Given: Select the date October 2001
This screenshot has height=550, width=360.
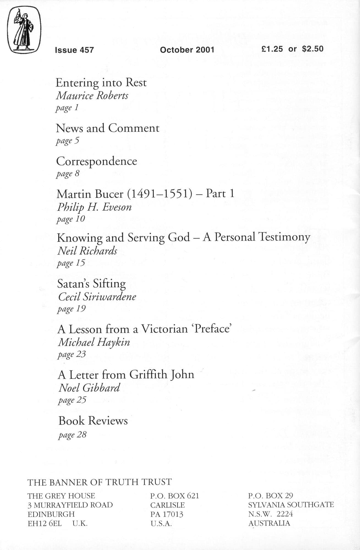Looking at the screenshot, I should [x=187, y=50].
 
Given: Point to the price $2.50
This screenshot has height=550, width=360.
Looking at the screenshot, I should [x=313, y=49].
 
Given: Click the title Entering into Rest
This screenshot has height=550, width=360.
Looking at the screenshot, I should [x=101, y=82].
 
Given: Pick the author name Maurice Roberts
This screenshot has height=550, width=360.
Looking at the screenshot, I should [x=92, y=96].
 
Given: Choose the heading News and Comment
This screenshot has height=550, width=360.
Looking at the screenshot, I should [x=108, y=128].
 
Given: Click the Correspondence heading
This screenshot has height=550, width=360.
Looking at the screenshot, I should [x=97, y=161].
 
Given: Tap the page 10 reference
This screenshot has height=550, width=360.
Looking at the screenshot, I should [x=71, y=219].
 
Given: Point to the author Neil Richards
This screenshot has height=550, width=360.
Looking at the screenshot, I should [x=87, y=251].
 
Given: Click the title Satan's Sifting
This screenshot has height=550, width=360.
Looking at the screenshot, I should [x=92, y=284].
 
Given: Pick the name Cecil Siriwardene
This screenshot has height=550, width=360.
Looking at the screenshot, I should [x=97, y=297].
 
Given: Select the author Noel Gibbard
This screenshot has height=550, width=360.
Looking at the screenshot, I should [x=89, y=388].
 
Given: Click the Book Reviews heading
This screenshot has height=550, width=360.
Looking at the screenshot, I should [x=93, y=421].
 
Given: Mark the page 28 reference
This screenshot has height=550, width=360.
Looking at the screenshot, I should [x=72, y=435].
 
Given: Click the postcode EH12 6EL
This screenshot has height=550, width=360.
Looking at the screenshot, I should [x=45, y=523].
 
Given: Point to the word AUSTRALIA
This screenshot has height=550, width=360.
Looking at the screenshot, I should [x=269, y=523].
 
